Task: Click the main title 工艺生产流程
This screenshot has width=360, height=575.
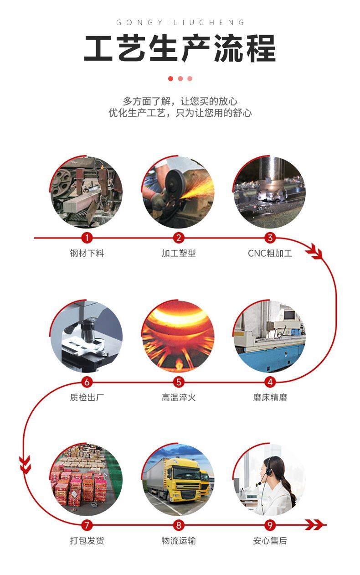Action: click(x=180, y=48)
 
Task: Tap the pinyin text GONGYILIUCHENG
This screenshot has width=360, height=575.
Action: click(x=180, y=22)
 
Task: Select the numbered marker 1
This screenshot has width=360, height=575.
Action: click(x=87, y=238)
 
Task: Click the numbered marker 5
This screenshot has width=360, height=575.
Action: click(x=179, y=382)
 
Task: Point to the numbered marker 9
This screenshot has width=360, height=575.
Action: click(x=270, y=525)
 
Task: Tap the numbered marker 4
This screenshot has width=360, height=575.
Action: click(x=270, y=382)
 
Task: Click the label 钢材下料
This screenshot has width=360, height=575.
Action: click(x=87, y=253)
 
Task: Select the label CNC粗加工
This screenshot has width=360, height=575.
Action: click(x=270, y=253)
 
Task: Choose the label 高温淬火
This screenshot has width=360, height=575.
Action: click(x=179, y=398)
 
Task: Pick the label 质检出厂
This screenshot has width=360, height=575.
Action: click(x=87, y=398)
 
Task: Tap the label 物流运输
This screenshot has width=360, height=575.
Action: click(x=179, y=541)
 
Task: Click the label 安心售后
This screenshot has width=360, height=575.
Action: click(x=270, y=541)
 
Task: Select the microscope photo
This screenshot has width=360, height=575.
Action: click(x=87, y=337)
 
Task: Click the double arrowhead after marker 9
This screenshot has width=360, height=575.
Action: click(x=314, y=525)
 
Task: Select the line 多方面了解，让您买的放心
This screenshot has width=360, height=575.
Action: click(x=180, y=101)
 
